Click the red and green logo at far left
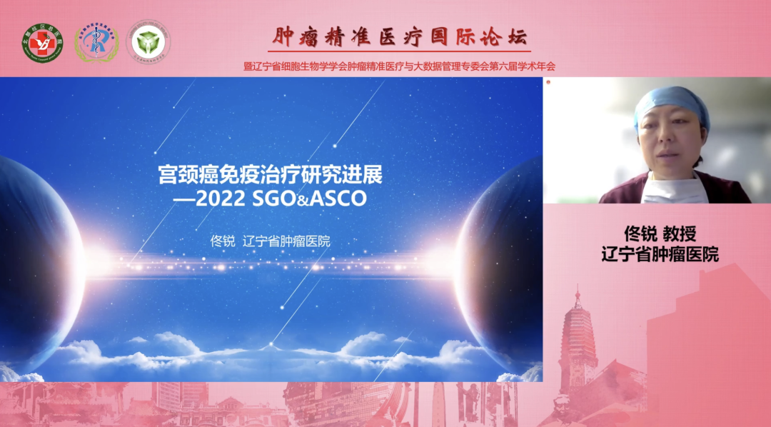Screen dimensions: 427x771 pyautogui.click(x=42, y=41)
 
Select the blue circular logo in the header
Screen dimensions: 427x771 pyautogui.click(x=96, y=42)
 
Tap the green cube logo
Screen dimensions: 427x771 pyautogui.click(x=148, y=41)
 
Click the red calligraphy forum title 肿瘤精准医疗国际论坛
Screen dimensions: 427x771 pyautogui.click(x=400, y=36)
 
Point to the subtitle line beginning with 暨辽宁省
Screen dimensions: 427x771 pyautogui.click(x=399, y=66)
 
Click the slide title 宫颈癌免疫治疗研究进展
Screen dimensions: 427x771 pyautogui.click(x=275, y=176)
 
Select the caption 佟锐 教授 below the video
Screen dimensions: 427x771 pyautogui.click(x=660, y=233)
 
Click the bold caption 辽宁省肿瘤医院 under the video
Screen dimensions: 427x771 pyautogui.click(x=660, y=253)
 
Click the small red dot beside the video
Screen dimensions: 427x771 pyautogui.click(x=548, y=83)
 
